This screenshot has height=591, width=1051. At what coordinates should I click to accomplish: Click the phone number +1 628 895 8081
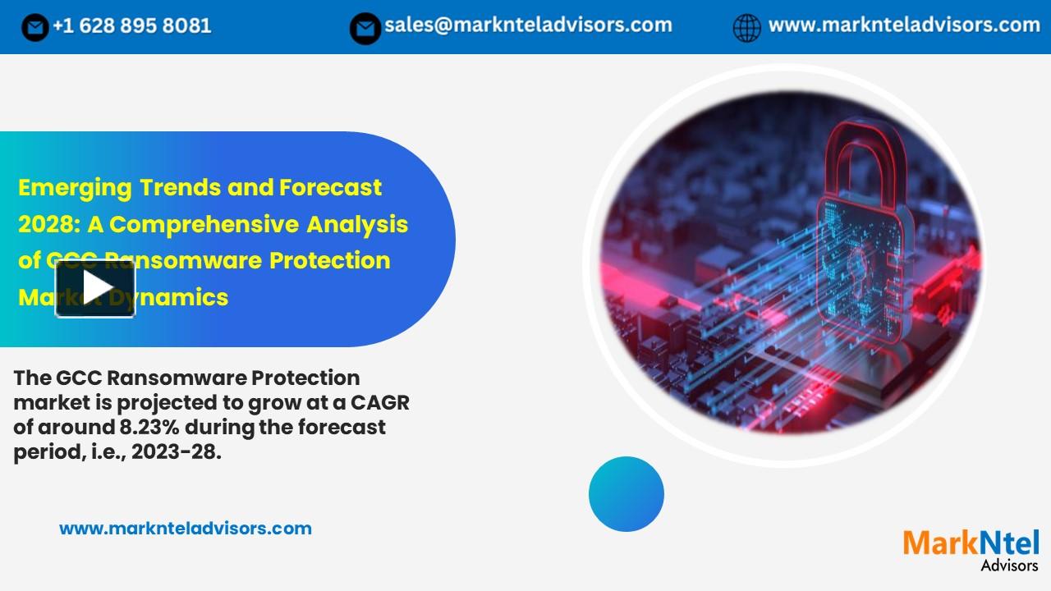131,26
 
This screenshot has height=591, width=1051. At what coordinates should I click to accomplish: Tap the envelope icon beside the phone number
34,28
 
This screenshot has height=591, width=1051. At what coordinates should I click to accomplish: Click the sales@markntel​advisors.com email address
528,25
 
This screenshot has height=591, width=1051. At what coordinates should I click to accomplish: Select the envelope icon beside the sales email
365,28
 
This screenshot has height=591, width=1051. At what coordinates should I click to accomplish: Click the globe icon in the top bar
746,28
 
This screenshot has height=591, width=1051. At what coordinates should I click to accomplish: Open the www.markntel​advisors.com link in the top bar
904,25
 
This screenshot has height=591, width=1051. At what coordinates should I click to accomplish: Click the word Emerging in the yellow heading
75,188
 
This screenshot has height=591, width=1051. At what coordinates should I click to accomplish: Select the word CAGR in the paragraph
379,403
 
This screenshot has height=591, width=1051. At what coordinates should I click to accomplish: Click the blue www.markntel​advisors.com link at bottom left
186,529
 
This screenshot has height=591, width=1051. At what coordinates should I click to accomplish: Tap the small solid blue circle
626,494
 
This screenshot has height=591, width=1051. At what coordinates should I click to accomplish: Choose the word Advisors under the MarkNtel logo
1009,565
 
